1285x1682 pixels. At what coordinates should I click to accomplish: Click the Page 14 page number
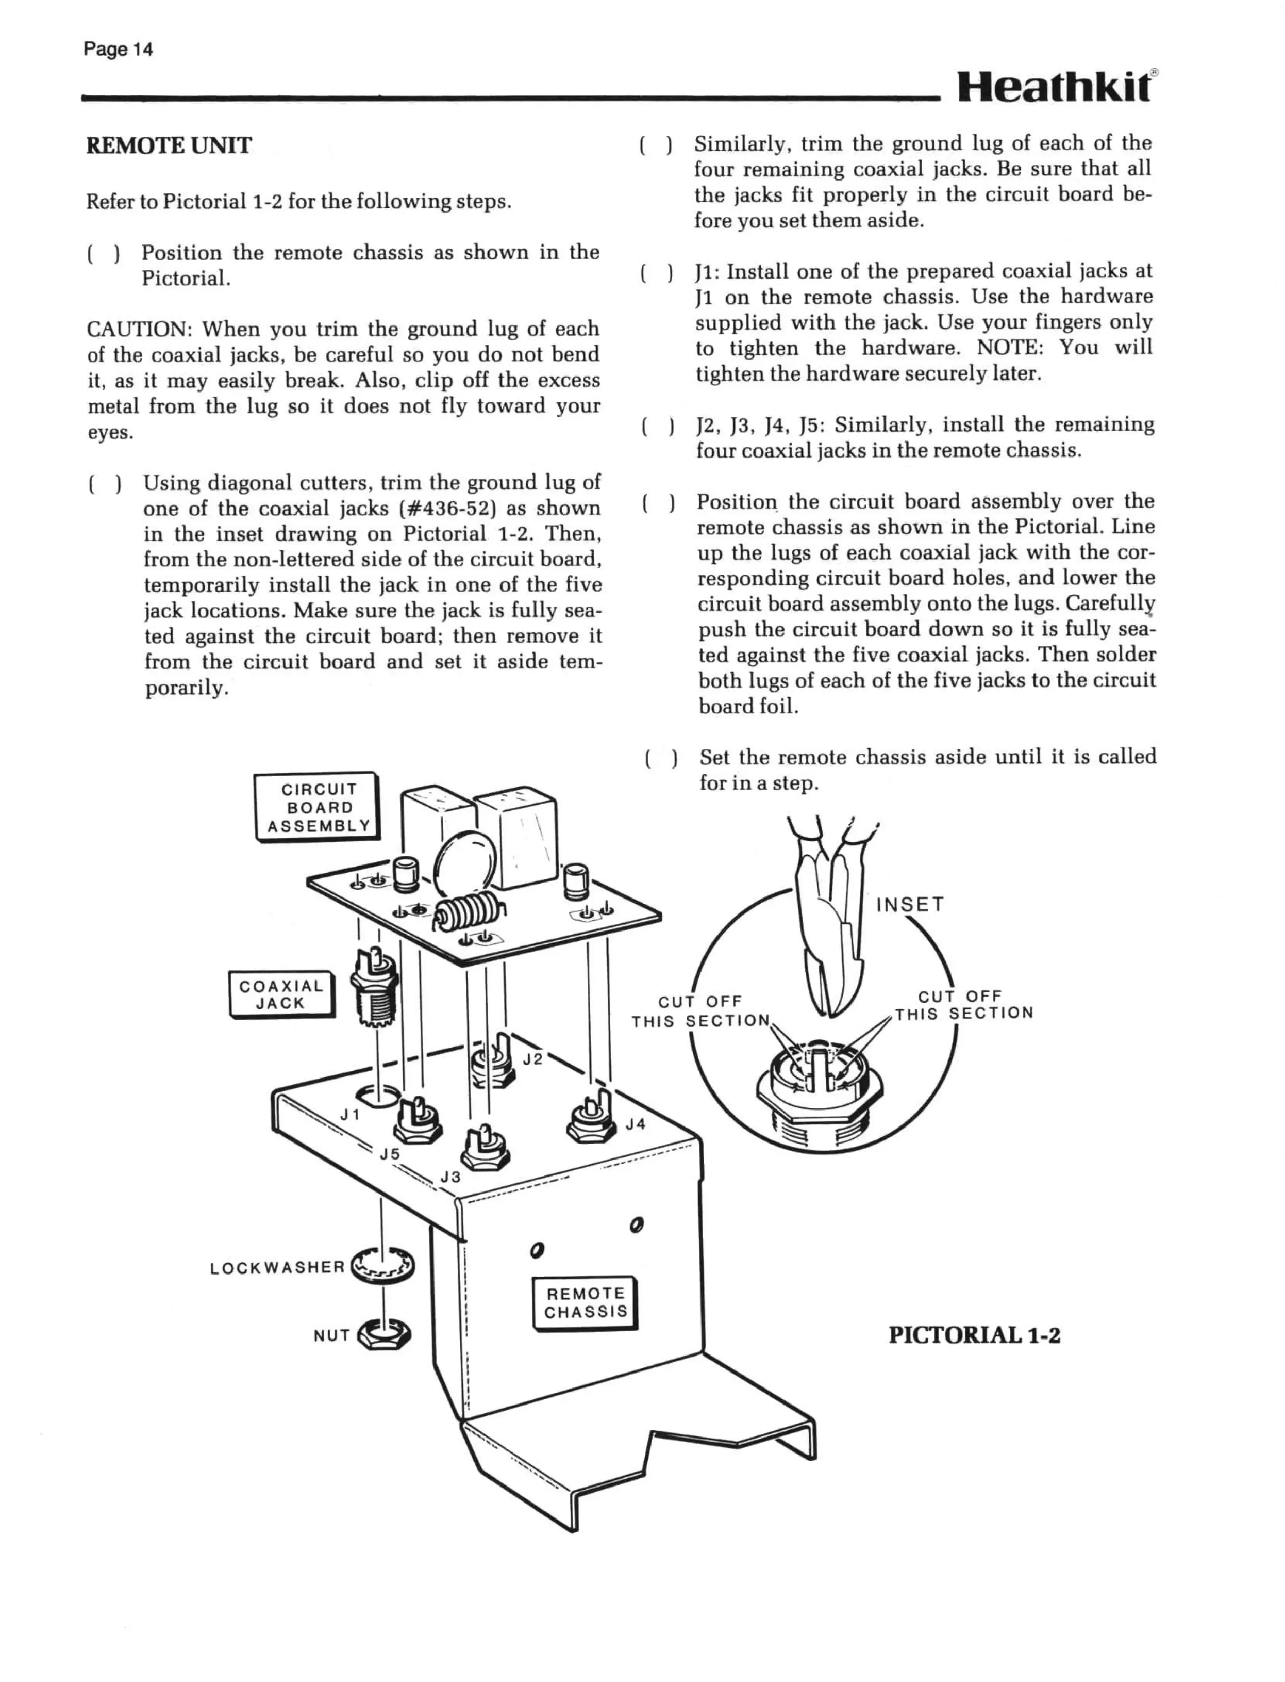pyautogui.click(x=118, y=50)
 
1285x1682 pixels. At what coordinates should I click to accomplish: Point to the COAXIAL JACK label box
pyautogui.click(x=281, y=994)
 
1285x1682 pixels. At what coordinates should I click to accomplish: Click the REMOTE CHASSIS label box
pyautogui.click(x=585, y=1302)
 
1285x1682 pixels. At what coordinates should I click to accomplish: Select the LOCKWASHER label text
pyautogui.click(x=277, y=1267)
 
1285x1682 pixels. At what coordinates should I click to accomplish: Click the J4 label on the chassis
pyautogui.click(x=636, y=1124)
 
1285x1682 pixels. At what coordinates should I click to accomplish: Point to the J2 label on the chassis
pyautogui.click(x=533, y=1059)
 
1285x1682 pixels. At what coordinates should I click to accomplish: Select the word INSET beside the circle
pyautogui.click(x=910, y=905)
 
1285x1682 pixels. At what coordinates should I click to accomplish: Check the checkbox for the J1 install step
pyautogui.click(x=656, y=272)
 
